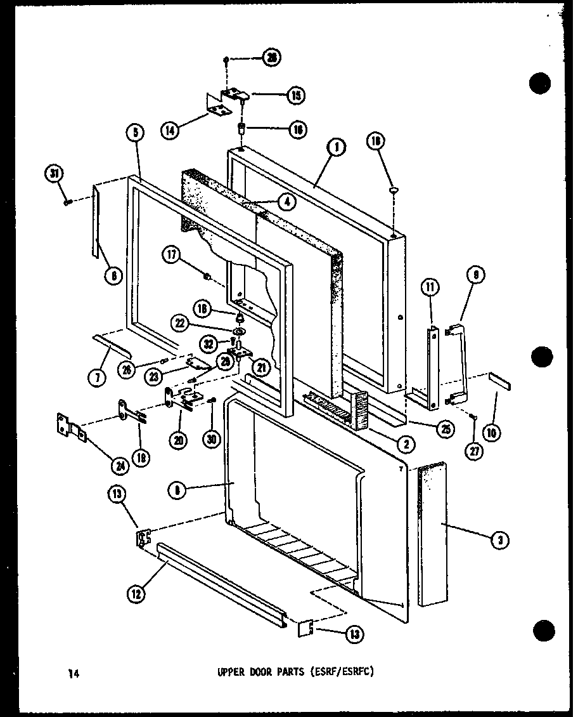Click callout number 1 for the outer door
click(335, 147)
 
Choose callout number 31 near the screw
click(54, 173)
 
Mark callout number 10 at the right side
click(491, 433)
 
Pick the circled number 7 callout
click(97, 379)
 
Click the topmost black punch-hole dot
click(539, 84)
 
